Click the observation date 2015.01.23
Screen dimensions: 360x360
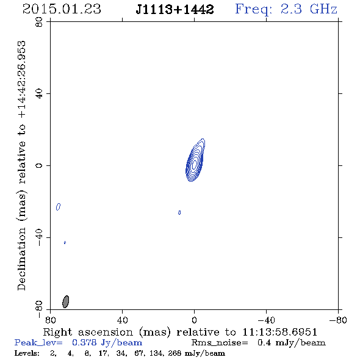pos(62,9)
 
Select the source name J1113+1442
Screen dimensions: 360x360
pos(175,9)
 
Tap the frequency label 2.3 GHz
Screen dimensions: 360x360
pos(309,9)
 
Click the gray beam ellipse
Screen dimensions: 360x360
pos(66,301)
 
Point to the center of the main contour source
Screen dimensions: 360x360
pos(195,164)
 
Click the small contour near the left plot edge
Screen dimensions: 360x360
pos(59,207)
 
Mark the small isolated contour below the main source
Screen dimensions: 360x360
pos(179,212)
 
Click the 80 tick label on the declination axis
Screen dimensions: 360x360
pos(39,22)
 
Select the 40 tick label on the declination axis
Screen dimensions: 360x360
pos(39,94)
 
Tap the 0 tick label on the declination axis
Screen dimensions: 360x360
pos(39,165)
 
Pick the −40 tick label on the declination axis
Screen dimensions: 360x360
pos(39,237)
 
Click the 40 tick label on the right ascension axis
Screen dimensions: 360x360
pos(122,320)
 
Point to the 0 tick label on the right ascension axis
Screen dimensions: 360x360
pos(194,320)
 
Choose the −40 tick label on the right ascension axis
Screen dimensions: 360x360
pos(266,320)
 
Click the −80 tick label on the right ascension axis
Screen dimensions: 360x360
pos(338,320)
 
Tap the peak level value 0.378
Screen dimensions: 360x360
pos(85,342)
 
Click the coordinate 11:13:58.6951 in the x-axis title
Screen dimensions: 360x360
pos(280,332)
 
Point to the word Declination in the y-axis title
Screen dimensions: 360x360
pos(21,259)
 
